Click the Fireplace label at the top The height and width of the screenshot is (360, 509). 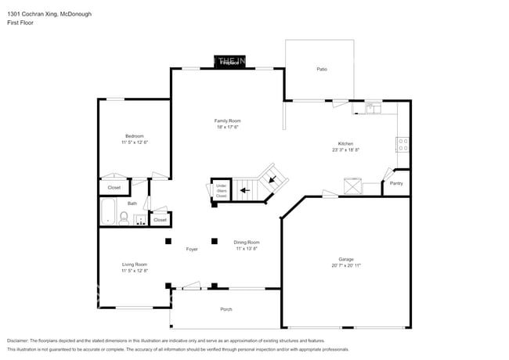tap(228, 62)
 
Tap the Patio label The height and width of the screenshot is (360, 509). tap(321, 70)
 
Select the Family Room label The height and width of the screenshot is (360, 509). tap(228, 121)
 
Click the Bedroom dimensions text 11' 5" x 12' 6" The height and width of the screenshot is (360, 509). tap(135, 142)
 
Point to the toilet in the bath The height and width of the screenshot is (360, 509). tap(124, 217)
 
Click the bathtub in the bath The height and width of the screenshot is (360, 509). tap(108, 212)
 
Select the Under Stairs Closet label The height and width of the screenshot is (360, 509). tap(222, 190)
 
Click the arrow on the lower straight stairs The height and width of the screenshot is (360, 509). tap(245, 189)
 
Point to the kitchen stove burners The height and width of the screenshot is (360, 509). tap(403, 145)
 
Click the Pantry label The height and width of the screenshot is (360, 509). tap(395, 185)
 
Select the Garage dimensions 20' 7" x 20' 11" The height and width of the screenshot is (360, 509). tap(345, 265)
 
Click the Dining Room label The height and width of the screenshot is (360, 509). tap(247, 243)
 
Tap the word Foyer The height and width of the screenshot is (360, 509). tap(192, 249)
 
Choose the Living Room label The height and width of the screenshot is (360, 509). tap(135, 265)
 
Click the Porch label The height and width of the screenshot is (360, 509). tap(226, 309)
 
